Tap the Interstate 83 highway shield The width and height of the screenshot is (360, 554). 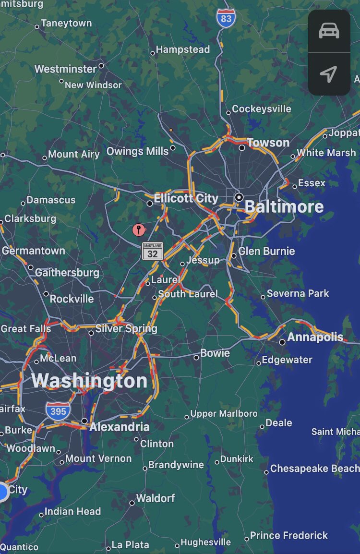pyautogui.click(x=226, y=18)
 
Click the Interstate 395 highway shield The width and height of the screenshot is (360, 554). pyautogui.click(x=58, y=411)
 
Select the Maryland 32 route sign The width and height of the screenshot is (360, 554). pyautogui.click(x=153, y=251)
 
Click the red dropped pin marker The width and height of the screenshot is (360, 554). pyautogui.click(x=139, y=229)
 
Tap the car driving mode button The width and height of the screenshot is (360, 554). pyautogui.click(x=329, y=31)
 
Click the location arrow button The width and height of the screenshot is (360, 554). pyautogui.click(x=329, y=74)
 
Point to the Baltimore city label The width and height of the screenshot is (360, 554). pyautogui.click(x=284, y=207)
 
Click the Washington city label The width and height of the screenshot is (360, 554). pyautogui.click(x=90, y=381)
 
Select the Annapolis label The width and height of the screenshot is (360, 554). pyautogui.click(x=315, y=337)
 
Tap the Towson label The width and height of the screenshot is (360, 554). pyautogui.click(x=268, y=143)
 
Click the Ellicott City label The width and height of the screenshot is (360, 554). pyautogui.click(x=186, y=198)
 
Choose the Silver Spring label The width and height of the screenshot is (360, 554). pyautogui.click(x=126, y=329)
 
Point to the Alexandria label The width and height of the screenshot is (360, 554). pyautogui.click(x=120, y=427)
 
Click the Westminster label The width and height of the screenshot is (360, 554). pyautogui.click(x=66, y=69)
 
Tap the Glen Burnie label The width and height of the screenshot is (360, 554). pyautogui.click(x=266, y=251)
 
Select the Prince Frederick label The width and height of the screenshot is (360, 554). pyautogui.click(x=289, y=535)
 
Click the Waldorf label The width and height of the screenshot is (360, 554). pyautogui.click(x=156, y=498)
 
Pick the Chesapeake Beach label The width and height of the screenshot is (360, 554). pyautogui.click(x=314, y=469)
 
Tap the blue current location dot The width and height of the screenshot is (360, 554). pyautogui.click(x=2, y=492)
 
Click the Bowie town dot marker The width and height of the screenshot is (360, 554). pyautogui.click(x=196, y=357)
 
